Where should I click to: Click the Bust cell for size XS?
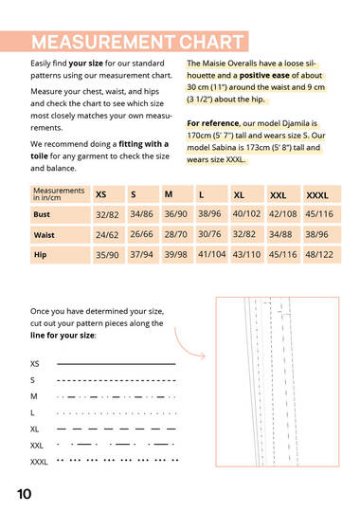pyautogui.click(x=108, y=214)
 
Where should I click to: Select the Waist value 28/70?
pyautogui.click(x=176, y=234)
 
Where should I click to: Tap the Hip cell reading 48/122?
pyautogui.click(x=322, y=254)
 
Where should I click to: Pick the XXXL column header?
pyautogui.click(x=322, y=194)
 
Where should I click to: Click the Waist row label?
pyautogui.click(x=60, y=235)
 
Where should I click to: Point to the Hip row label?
pyautogui.click(x=60, y=255)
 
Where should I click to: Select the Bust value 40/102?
pyautogui.click(x=247, y=214)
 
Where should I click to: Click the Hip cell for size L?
pyautogui.click(x=211, y=254)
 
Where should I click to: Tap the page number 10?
pyautogui.click(x=24, y=494)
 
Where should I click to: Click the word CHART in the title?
pyautogui.click(x=211, y=42)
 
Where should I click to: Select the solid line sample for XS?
pyautogui.click(x=117, y=364)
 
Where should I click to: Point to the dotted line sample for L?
pyautogui.click(x=117, y=413)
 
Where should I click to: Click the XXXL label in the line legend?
pyautogui.click(x=39, y=462)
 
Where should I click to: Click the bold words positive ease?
pyautogui.click(x=264, y=76)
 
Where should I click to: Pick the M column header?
pyautogui.click(x=177, y=194)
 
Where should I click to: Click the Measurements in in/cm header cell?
pyautogui.click(x=60, y=194)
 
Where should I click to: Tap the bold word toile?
pyautogui.click(x=39, y=156)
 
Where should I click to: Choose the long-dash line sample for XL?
pyautogui.click(x=117, y=429)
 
